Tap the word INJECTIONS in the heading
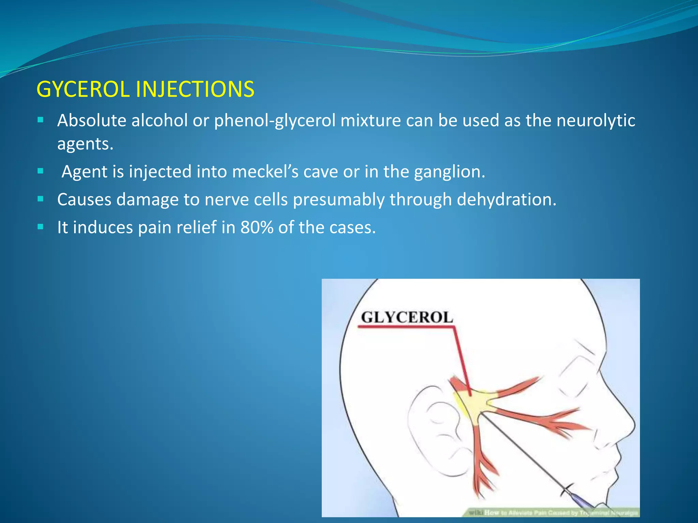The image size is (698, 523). (195, 90)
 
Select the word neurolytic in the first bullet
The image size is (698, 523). (595, 121)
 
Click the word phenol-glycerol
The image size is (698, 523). (275, 121)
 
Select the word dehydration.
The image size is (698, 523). (506, 200)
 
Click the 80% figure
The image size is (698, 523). (257, 227)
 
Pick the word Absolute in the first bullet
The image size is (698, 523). (92, 121)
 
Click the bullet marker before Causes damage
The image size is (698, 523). (41, 199)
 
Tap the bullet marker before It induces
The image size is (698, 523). (41, 227)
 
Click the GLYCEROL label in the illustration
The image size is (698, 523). (407, 317)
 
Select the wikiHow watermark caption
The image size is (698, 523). (552, 512)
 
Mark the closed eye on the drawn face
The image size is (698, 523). (576, 388)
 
